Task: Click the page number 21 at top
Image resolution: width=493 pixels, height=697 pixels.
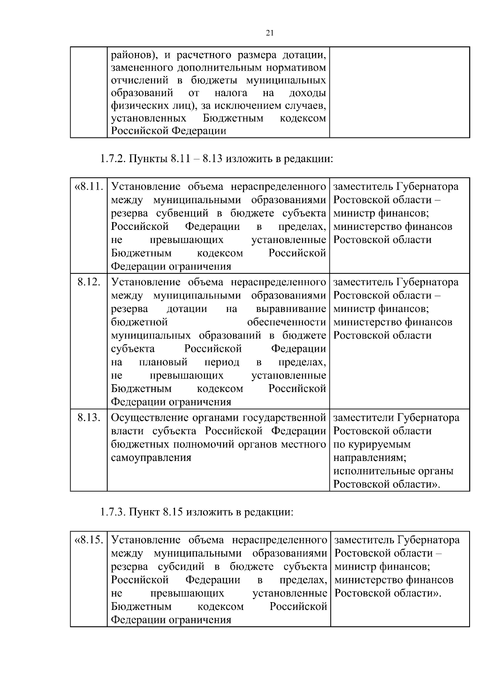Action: pos(270,33)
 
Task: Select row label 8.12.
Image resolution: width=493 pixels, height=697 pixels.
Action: pos(89,282)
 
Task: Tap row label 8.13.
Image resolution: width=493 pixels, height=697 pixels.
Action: pos(89,418)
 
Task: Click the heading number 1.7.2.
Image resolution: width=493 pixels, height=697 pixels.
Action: pos(113,158)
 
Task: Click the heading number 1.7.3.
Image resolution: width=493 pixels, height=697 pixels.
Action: pos(113,512)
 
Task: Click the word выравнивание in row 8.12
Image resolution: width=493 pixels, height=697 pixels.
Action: pos(291,309)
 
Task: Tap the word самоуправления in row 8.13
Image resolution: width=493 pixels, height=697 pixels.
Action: pos(151,457)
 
